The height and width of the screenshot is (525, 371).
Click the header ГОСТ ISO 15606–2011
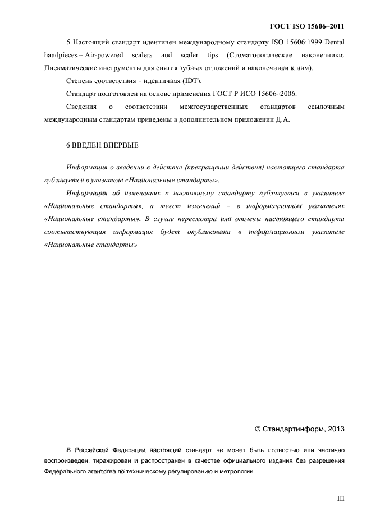tap(306, 26)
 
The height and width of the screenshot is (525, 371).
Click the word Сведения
tap(82, 107)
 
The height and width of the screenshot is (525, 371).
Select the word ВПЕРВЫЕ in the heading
tap(121, 145)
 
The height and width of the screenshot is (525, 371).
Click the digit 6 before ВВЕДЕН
tap(68, 145)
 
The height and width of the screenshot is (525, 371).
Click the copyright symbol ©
tap(258, 429)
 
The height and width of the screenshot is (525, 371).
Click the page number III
tap(340, 498)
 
